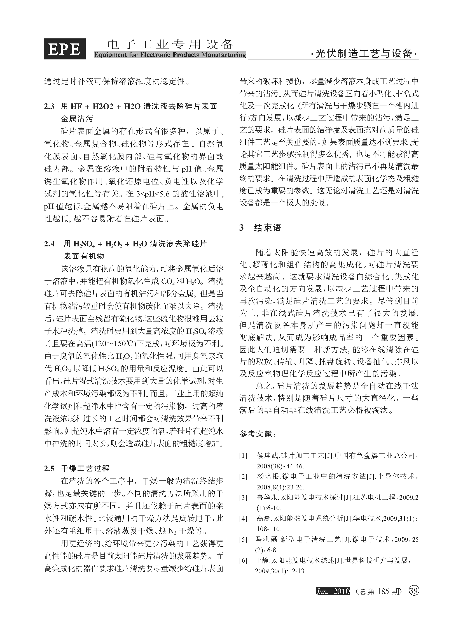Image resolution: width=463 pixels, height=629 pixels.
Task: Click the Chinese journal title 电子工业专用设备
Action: pos(170,45)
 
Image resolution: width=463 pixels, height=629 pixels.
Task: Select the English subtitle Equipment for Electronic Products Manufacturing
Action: pos(170,55)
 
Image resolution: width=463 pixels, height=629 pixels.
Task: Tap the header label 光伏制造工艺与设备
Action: pos(364,53)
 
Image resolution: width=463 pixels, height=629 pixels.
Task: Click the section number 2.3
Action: pos(49,107)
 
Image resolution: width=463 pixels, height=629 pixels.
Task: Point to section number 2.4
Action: pos(49,244)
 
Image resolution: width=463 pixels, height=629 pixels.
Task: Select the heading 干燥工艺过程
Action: pos(85,468)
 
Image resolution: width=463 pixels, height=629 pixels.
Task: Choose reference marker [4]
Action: pos(243,519)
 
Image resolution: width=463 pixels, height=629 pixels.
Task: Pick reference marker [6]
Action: pos(243,561)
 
